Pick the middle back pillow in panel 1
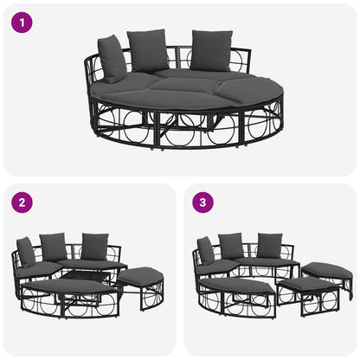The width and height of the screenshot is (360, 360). pos(148,51)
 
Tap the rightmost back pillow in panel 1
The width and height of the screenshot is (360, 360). pos(211,50)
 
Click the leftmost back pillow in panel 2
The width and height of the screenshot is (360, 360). pos(27,251)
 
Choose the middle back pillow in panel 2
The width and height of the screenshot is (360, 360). pos(54,246)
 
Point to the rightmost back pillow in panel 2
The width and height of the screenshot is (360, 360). pos(94,246)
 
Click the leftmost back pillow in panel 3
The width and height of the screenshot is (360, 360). pos(206,250)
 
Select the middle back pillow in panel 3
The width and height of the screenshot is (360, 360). pos(232,246)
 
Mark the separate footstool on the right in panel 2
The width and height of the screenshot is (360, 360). pos(140,277)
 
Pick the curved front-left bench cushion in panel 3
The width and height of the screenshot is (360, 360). pos(237,285)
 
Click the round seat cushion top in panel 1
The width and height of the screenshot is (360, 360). pos(186,87)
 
